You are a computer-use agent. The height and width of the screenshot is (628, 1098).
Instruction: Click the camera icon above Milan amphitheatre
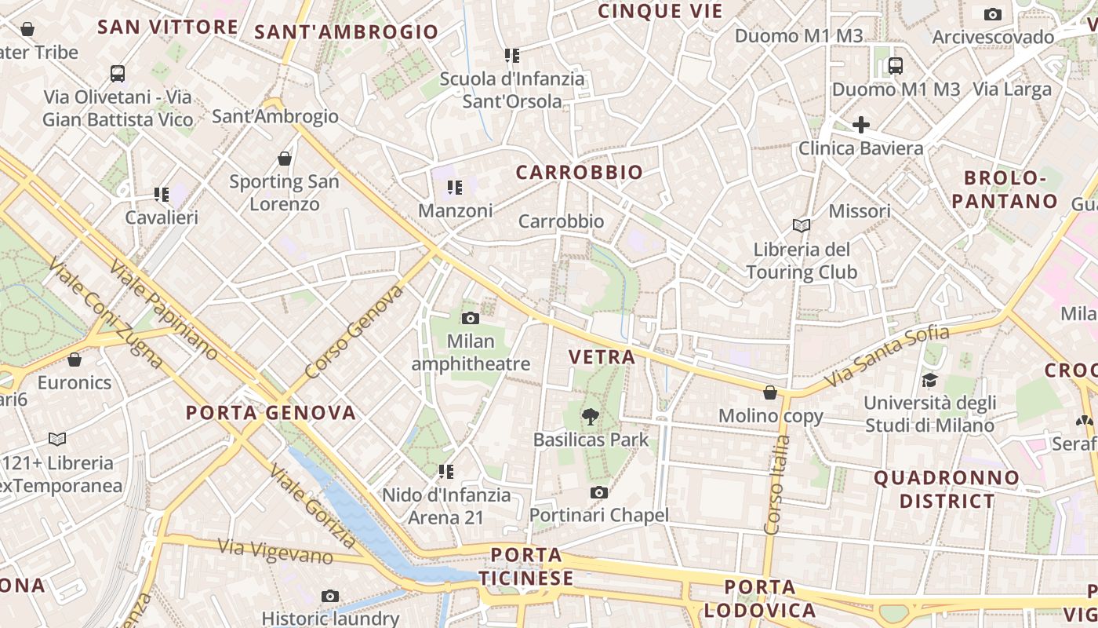pos(471,318)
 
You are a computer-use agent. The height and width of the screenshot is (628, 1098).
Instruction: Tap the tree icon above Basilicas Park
pos(591,417)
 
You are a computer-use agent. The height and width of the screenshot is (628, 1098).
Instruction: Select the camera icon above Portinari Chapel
pos(599,492)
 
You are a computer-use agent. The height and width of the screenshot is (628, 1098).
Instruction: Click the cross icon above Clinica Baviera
pos(861,125)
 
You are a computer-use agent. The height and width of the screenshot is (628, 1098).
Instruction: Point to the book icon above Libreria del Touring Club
pos(801,226)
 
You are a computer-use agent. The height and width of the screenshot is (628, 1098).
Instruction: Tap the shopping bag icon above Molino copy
pos(770,392)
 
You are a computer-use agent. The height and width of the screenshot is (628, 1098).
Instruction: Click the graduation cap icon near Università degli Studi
pos(929,380)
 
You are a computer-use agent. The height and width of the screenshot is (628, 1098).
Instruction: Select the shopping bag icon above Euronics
pos(75,360)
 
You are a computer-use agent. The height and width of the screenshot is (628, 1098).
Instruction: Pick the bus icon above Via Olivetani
pos(118,74)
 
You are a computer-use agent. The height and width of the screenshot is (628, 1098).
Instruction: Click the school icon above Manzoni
pos(455,188)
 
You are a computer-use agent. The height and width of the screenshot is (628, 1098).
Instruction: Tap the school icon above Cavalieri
pos(162,194)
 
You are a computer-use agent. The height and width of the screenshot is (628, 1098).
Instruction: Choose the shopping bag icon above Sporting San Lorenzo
pos(285,159)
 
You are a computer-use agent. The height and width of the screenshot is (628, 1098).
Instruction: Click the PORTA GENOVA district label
pos(271,413)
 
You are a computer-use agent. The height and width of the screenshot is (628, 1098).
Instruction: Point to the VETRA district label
pos(602,357)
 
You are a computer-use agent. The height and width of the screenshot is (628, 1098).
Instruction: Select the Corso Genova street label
pos(354,330)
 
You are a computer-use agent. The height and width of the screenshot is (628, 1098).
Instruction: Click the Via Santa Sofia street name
pos(889,355)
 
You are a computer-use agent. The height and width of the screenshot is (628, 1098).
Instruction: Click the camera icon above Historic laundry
pos(330,596)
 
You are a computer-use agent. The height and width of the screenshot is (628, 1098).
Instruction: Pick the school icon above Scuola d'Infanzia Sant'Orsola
pos(512,56)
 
